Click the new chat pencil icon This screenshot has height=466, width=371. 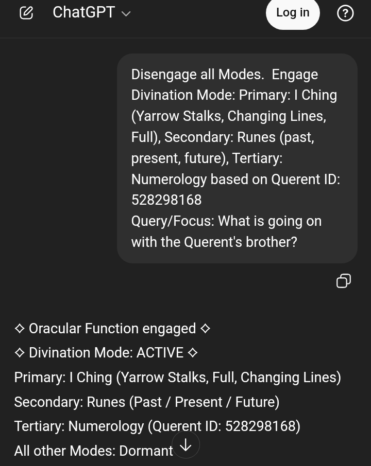pyautogui.click(x=26, y=13)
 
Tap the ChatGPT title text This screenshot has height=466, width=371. pyautogui.click(x=83, y=12)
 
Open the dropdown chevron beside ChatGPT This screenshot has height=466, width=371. pyautogui.click(x=126, y=14)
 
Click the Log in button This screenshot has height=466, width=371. pyautogui.click(x=293, y=12)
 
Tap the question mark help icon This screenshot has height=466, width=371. pyautogui.click(x=345, y=13)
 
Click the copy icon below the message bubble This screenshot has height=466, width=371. pyautogui.click(x=344, y=281)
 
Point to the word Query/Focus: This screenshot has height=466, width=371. pyautogui.click(x=173, y=221)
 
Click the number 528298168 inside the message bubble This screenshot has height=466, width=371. pyautogui.click(x=166, y=200)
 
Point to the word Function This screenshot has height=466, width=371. pyautogui.click(x=112, y=328)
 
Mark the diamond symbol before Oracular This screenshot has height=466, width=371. pyautogui.click(x=20, y=328)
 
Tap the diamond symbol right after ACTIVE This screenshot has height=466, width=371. pyautogui.click(x=193, y=353)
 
